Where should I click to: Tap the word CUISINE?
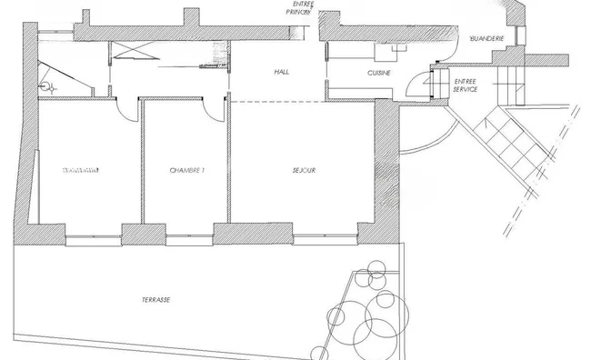click(379, 72)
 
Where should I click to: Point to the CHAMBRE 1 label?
click(187, 170)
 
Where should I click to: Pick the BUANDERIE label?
click(482, 40)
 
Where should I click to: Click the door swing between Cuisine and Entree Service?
click(417, 84)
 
